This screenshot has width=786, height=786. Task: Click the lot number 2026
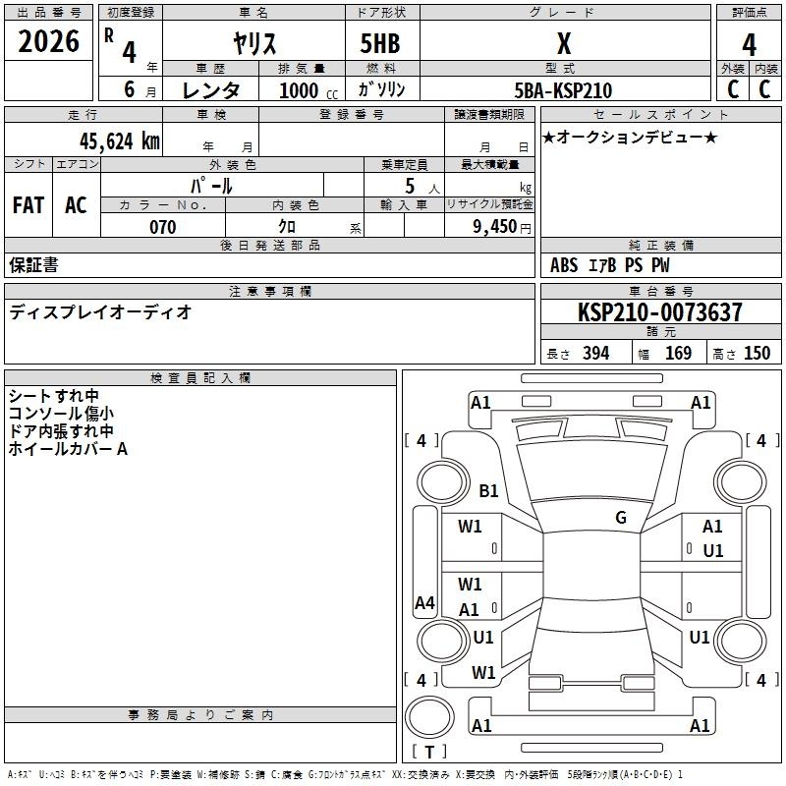coord(48,41)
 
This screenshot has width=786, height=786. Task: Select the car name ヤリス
coord(254,43)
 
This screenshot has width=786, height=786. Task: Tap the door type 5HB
coord(380,43)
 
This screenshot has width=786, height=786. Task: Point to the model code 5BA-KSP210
coord(563,90)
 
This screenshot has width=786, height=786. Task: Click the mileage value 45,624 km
coord(120,141)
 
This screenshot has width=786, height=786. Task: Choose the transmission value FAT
coord(28,205)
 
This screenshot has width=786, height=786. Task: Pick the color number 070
coord(163,227)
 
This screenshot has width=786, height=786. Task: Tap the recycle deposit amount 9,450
coord(495,227)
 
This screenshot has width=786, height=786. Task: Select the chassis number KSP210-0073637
coord(659,312)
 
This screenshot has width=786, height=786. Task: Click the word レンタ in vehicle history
coord(211,90)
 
